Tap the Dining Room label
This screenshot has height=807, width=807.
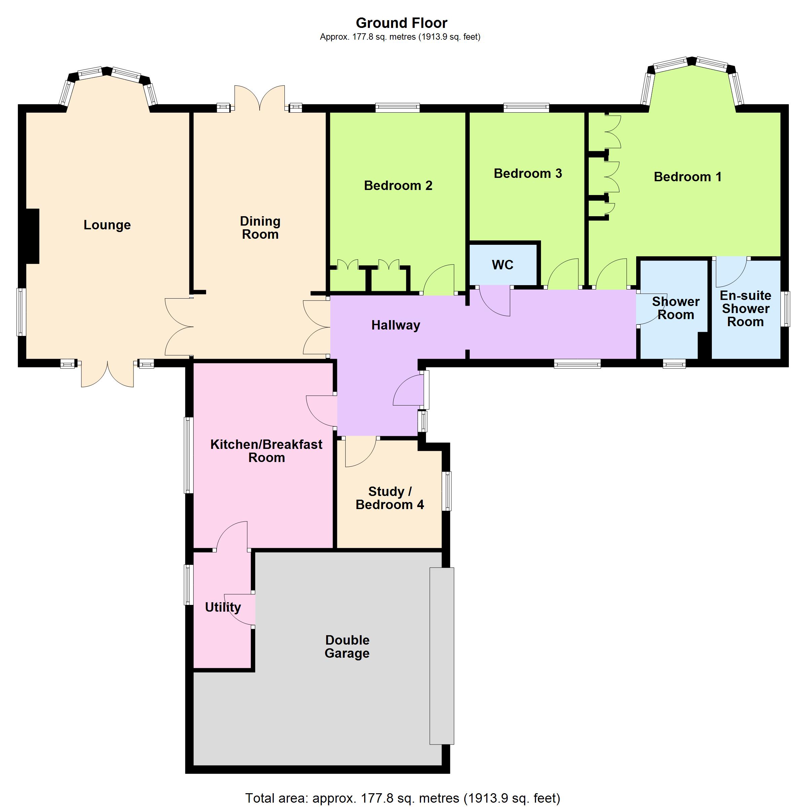pos(260,228)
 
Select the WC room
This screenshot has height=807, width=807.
pos(503,264)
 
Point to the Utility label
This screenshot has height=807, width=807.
pos(223,607)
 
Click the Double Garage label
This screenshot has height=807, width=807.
pos(347,647)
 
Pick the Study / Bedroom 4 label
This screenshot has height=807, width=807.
pos(390,498)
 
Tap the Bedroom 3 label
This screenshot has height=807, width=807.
pos(528,174)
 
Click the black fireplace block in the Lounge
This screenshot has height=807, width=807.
pos(33,236)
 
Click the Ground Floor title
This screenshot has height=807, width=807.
pos(401,23)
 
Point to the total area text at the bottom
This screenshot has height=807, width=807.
pos(402,798)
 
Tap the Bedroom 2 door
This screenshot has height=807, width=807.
pos(438,279)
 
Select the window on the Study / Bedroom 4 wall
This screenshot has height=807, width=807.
pos(447,491)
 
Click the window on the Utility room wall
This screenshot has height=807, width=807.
pos(189,585)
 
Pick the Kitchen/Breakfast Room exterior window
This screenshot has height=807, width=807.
pos(189,455)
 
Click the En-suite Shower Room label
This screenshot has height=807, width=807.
pos(745,309)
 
